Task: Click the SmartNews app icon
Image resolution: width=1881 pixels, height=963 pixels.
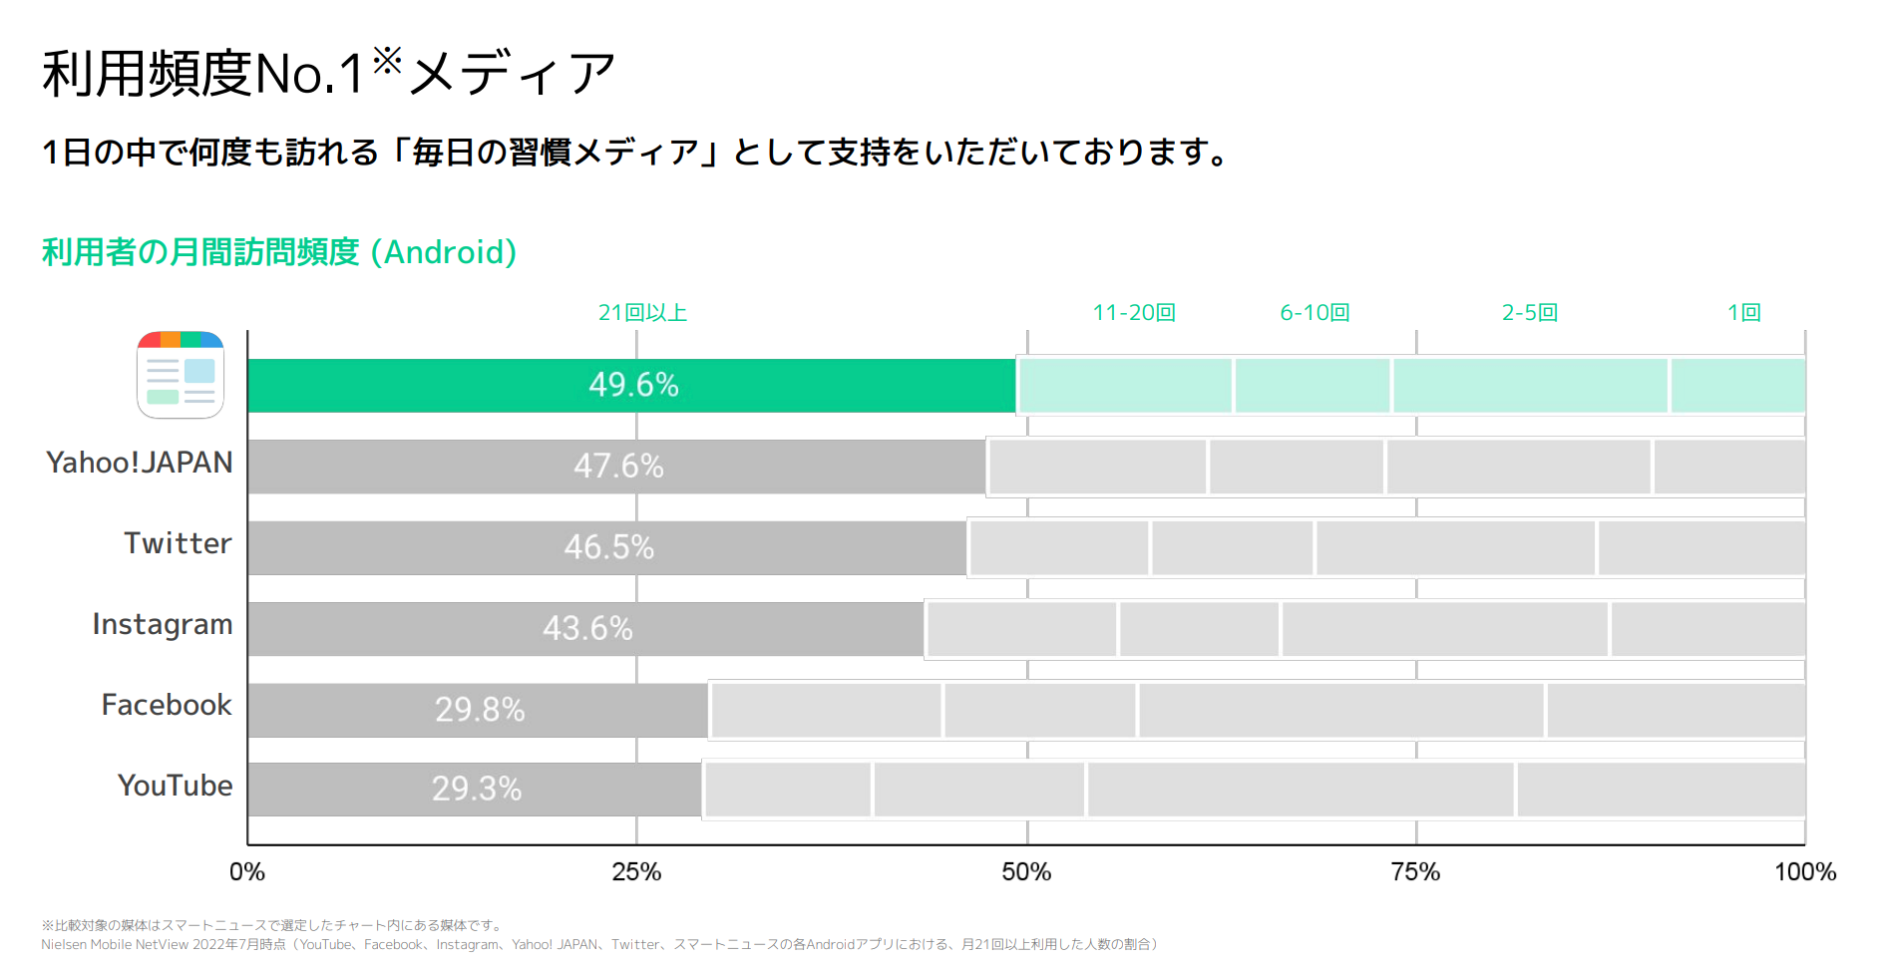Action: [x=181, y=375]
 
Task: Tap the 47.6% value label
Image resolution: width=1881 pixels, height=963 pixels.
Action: [x=618, y=466]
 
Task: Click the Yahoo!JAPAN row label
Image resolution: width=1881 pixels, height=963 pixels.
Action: [x=140, y=463]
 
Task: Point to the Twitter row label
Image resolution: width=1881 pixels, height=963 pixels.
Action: [x=178, y=543]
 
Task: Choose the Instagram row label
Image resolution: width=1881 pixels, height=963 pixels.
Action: [x=163, y=625]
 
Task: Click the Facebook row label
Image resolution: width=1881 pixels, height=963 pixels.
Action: [x=167, y=705]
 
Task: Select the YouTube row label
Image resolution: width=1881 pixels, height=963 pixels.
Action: [x=175, y=786]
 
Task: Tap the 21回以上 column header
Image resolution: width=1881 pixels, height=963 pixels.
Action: [x=642, y=313]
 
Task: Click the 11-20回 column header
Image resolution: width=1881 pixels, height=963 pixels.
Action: [x=1134, y=313]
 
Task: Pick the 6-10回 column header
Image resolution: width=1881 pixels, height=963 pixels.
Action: [x=1315, y=313]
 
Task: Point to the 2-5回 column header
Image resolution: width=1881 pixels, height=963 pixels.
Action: [x=1530, y=313]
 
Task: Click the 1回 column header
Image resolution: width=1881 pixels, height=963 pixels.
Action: [x=1744, y=313]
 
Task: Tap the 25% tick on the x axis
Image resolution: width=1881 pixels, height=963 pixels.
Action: [x=636, y=872]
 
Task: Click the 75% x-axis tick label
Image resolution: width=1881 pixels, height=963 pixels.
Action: [x=1415, y=872]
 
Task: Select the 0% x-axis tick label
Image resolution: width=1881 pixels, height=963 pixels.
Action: [x=247, y=872]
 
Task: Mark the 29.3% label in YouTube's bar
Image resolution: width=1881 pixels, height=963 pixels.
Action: [x=477, y=790]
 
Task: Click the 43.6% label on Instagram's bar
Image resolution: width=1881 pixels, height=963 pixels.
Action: [x=587, y=628]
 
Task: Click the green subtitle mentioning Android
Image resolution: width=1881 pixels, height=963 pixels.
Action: [x=279, y=252]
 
